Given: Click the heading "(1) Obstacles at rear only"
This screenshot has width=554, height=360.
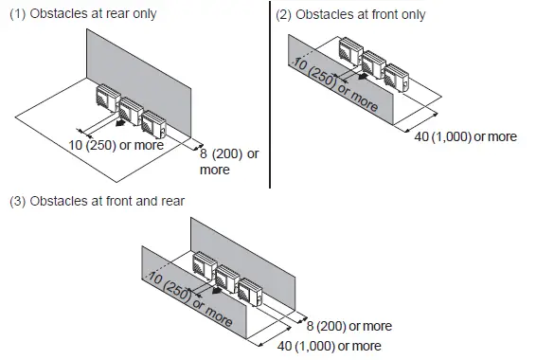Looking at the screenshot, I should pyautogui.click(x=82, y=14).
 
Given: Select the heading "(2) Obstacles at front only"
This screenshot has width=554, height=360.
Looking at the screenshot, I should pyautogui.click(x=350, y=14).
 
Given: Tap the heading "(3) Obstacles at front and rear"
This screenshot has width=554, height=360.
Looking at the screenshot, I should pyautogui.click(x=97, y=201).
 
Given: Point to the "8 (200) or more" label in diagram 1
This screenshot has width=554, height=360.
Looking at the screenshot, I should pyautogui.click(x=228, y=162).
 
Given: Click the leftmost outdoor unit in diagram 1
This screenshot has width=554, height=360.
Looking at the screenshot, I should pyautogui.click(x=104, y=98).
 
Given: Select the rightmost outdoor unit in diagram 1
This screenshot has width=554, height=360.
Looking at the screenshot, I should pyautogui.click(x=153, y=122).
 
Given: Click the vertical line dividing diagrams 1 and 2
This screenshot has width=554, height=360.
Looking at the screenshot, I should pyautogui.click(x=271, y=95).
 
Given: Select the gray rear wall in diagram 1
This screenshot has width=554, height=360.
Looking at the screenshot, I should pyautogui.click(x=142, y=66).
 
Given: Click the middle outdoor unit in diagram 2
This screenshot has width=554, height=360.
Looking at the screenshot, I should pyautogui.click(x=372, y=63).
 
